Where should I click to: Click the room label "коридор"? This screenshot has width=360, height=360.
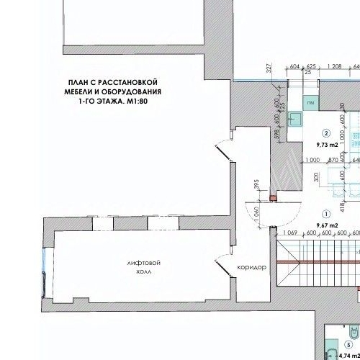(x=251, y=268)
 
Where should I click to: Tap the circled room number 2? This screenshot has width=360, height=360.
(x=326, y=133)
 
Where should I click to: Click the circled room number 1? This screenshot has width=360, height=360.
(x=326, y=214)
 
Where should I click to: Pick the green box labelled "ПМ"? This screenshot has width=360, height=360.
(x=310, y=104)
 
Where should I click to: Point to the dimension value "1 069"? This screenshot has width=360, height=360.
(x=291, y=233)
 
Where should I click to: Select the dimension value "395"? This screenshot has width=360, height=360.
(x=257, y=186)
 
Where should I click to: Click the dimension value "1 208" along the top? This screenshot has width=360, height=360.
(x=333, y=66)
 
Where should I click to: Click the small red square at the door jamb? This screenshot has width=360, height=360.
(x=272, y=197)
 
